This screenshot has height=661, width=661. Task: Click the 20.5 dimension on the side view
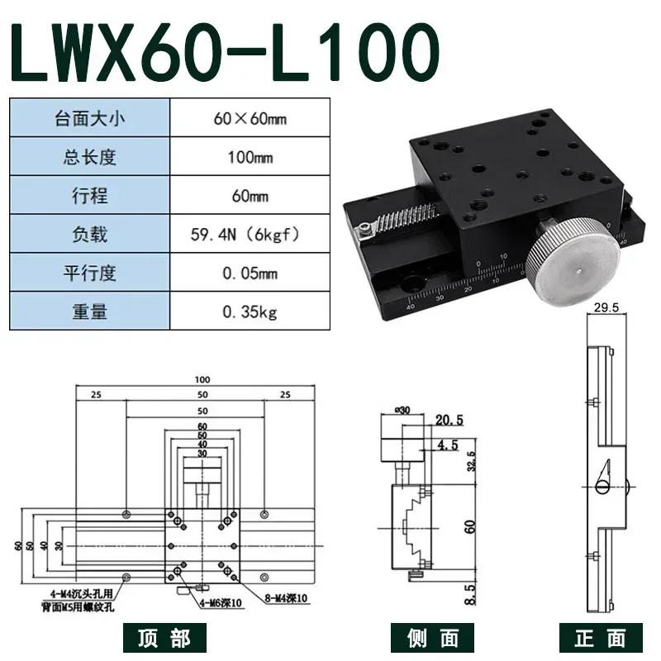coord(445,421)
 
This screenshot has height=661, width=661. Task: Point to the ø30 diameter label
coord(403,409)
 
